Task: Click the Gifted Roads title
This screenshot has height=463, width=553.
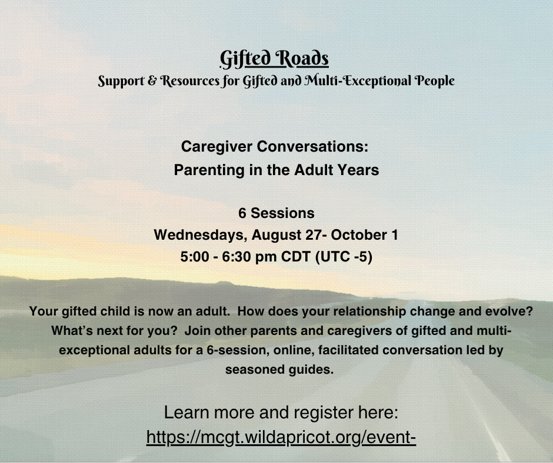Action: pyautogui.click(x=274, y=59)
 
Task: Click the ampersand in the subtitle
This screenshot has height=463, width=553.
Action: pyautogui.click(x=152, y=80)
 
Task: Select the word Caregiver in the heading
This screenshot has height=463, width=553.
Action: pyautogui.click(x=216, y=146)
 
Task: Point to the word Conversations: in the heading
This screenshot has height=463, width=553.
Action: pyautogui.click(x=312, y=146)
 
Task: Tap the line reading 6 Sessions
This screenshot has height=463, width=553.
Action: pyautogui.click(x=276, y=213)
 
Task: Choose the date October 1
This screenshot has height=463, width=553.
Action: pyautogui.click(x=364, y=235)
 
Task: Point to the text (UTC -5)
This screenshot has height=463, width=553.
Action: pyautogui.click(x=344, y=257)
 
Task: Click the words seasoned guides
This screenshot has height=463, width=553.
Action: pyautogui.click(x=279, y=370)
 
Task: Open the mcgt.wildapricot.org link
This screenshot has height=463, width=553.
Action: pyautogui.click(x=281, y=437)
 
